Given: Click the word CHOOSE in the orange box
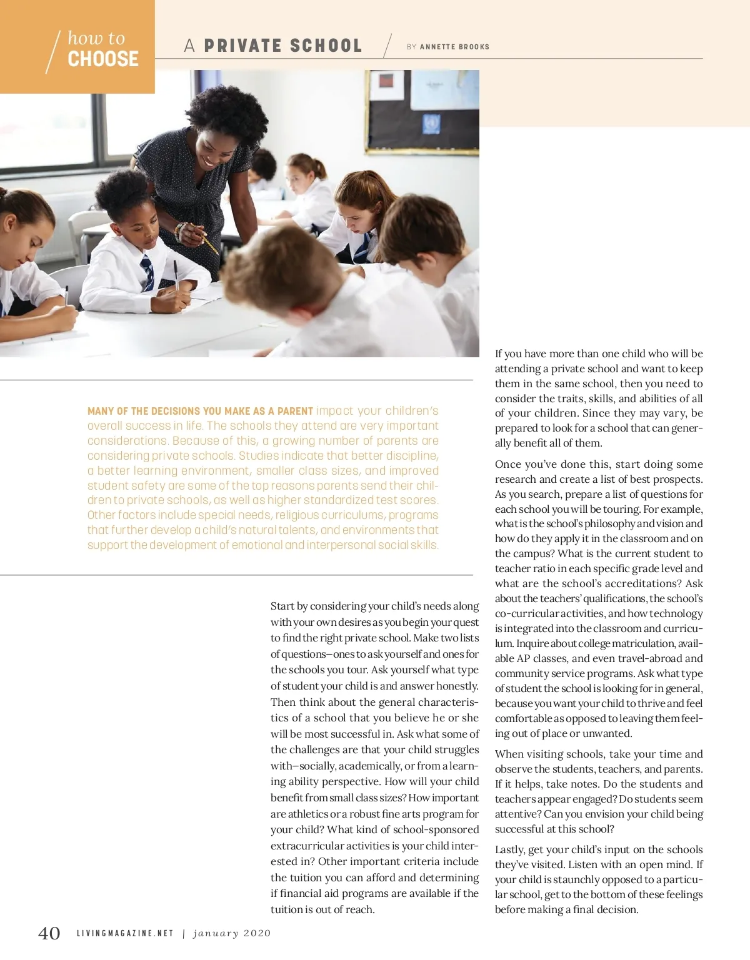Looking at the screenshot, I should point(103,59).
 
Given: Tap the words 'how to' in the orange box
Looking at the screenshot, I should point(96,38).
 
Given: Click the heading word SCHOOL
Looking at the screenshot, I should point(326,46).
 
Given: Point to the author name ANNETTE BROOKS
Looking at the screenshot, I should point(454,47).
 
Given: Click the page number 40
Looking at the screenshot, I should point(49,933).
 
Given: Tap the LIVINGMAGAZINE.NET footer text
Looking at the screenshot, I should point(125,933).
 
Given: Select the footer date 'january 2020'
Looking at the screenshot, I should point(232,933).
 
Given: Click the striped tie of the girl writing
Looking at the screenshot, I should point(147,272).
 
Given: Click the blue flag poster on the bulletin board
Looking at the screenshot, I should point(431,124).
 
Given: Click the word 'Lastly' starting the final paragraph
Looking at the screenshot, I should point(509,849).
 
